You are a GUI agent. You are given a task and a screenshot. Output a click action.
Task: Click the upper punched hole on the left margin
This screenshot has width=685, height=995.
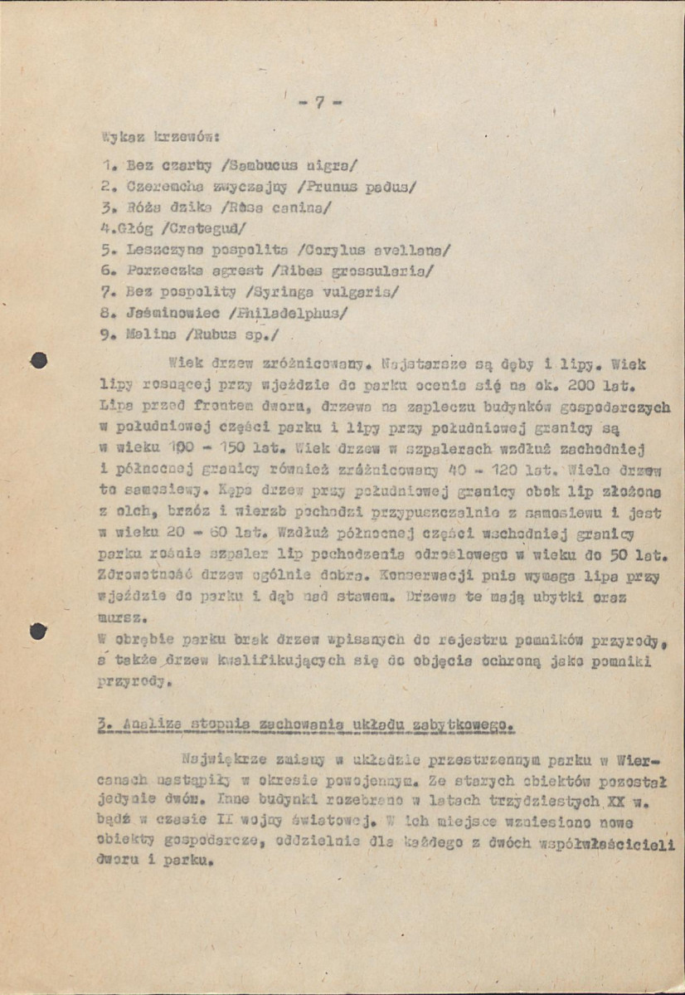(x=37, y=360)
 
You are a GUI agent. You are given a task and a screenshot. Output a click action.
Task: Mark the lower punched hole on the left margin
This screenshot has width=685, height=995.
(x=37, y=631)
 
